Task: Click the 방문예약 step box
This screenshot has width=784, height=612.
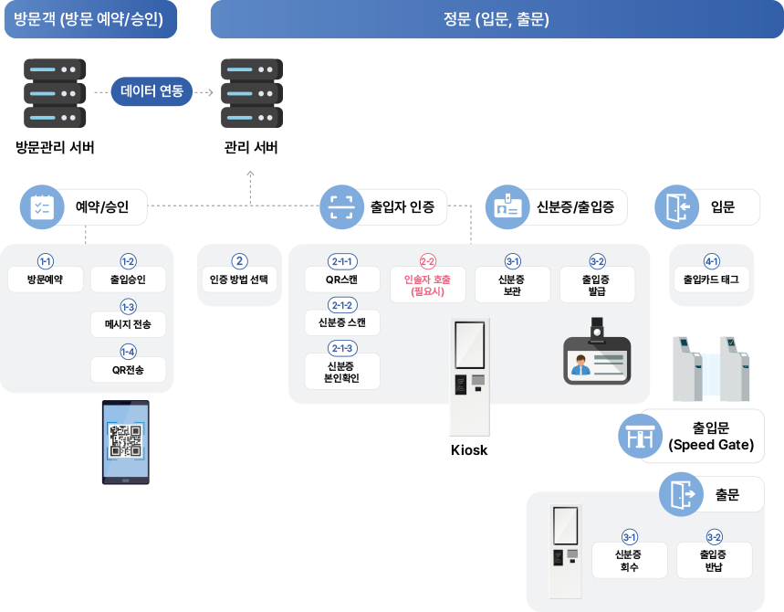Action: click(x=45, y=279)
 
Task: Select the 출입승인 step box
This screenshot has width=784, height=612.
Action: click(x=128, y=279)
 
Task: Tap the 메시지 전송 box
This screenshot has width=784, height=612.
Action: click(x=128, y=324)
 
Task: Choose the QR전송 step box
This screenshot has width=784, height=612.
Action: click(x=128, y=369)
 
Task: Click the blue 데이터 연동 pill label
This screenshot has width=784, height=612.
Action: click(x=152, y=91)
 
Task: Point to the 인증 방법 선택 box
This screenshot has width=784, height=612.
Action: click(x=239, y=279)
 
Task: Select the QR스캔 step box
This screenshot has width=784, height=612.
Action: click(x=341, y=279)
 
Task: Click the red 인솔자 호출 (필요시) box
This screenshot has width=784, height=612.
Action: click(x=427, y=284)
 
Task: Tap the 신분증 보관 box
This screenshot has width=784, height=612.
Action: click(x=512, y=284)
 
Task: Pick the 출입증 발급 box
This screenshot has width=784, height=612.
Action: click(x=597, y=284)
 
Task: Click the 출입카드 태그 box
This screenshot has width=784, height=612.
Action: click(x=711, y=279)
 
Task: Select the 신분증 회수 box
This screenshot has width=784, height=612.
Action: click(x=629, y=560)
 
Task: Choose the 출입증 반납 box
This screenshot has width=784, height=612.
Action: click(x=714, y=560)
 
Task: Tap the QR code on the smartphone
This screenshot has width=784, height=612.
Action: click(x=126, y=441)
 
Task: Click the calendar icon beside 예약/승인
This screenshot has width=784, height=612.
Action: click(x=41, y=207)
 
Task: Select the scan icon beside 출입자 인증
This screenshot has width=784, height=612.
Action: click(x=340, y=206)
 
